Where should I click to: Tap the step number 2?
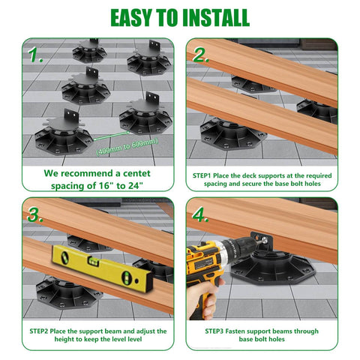pyautogui.click(x=201, y=55)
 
